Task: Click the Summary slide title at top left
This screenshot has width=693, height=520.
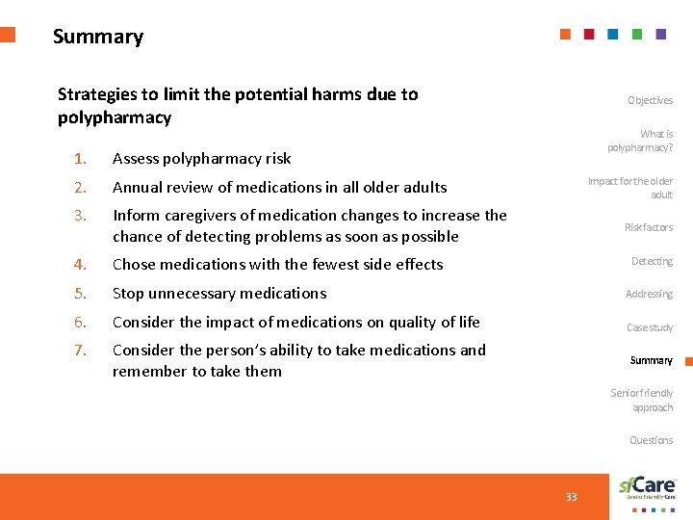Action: pyautogui.click(x=97, y=38)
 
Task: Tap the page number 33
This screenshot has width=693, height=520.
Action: pyautogui.click(x=571, y=497)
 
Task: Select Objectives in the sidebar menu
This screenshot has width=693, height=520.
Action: pyautogui.click(x=650, y=100)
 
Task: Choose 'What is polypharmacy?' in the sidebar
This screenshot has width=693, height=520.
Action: pyautogui.click(x=641, y=141)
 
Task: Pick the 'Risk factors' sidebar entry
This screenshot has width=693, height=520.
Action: pyautogui.click(x=649, y=227)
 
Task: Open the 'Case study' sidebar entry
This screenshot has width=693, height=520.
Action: pyautogui.click(x=650, y=327)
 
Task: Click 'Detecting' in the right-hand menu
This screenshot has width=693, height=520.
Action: pyautogui.click(x=652, y=261)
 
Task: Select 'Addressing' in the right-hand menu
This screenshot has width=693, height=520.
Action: pyautogui.click(x=650, y=294)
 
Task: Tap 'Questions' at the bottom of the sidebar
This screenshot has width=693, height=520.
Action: pyautogui.click(x=651, y=440)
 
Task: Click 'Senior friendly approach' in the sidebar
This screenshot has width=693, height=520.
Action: pyautogui.click(x=642, y=401)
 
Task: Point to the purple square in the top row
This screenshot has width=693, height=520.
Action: pyautogui.click(x=661, y=34)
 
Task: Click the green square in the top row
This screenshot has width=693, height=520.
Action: pyautogui.click(x=637, y=34)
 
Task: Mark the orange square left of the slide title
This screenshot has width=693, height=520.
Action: pyautogui.click(x=7, y=35)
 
